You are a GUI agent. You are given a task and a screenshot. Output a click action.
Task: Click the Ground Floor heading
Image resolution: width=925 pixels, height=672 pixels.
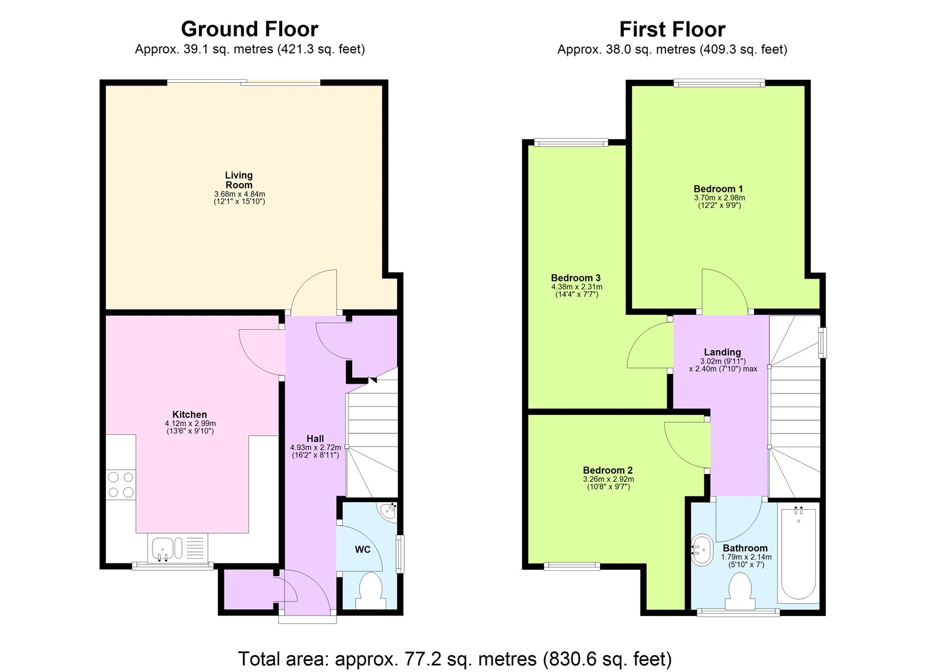click(249, 29)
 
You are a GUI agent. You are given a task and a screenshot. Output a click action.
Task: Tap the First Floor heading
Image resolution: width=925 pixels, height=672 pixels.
click(672, 29)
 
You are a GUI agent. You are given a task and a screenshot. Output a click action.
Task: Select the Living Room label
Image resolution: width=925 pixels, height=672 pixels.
click(239, 180)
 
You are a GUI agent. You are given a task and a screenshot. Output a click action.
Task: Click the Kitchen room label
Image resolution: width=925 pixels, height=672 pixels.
click(190, 414)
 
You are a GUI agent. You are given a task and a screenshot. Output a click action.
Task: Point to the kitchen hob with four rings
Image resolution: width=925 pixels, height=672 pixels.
click(120, 485)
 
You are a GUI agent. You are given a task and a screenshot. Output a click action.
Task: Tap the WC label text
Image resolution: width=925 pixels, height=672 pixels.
click(362, 550)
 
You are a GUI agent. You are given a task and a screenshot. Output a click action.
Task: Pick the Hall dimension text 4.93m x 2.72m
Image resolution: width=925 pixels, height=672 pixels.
click(315, 447)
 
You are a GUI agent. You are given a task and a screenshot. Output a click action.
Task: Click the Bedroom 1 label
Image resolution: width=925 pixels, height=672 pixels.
click(718, 189)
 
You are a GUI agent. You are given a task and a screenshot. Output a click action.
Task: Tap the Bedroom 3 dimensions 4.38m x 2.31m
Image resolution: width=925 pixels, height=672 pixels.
click(576, 287)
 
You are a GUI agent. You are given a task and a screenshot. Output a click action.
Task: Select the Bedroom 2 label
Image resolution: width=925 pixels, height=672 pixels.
click(608, 470)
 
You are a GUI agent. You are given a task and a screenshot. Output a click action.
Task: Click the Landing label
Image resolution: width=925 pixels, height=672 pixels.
click(722, 352)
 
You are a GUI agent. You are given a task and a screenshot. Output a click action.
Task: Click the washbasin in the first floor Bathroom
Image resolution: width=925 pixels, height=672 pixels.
click(702, 550)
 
